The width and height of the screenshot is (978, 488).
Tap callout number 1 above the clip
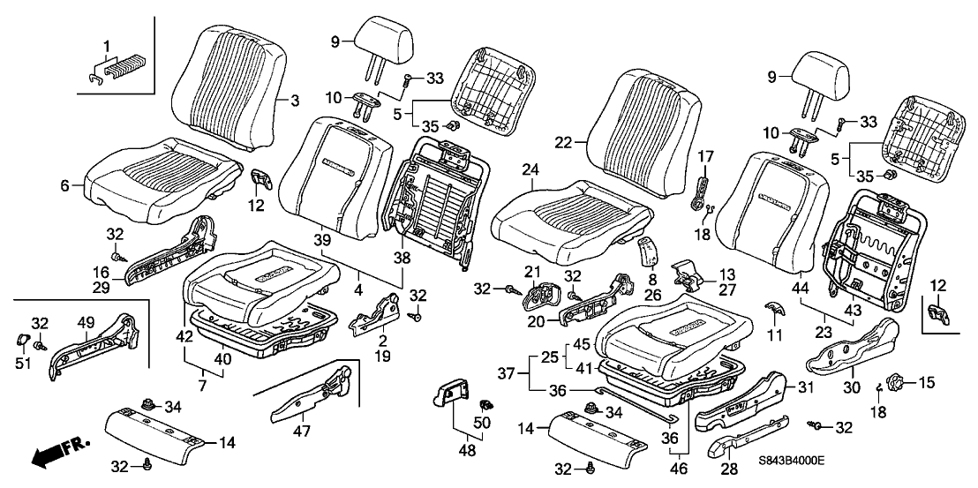[x=107, y=44]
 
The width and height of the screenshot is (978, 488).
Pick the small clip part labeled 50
[x=484, y=405]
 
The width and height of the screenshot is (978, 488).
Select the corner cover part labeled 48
[x=455, y=393]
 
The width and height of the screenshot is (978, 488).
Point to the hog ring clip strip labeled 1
[x=124, y=69]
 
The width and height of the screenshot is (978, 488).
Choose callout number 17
[x=706, y=156]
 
